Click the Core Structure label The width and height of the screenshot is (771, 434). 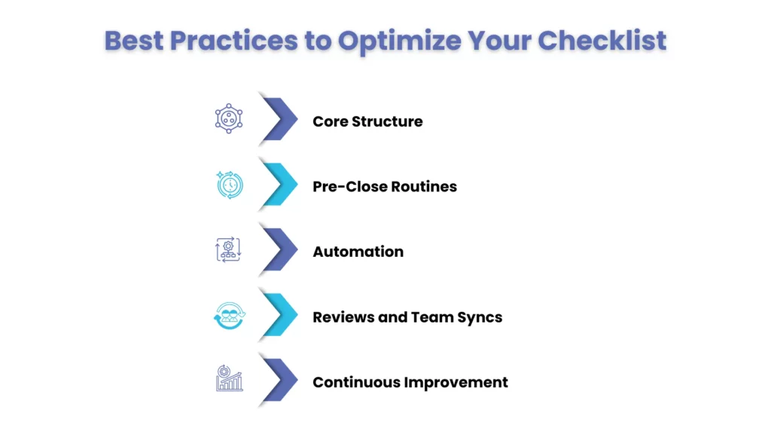coord(367,121)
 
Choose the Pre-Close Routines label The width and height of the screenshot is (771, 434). coord(385,186)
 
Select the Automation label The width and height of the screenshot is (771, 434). coord(358,252)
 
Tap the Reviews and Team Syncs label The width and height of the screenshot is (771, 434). coord(407,317)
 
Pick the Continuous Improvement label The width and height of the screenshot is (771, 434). coord(410,382)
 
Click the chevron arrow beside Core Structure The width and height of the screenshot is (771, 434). coord(278,119)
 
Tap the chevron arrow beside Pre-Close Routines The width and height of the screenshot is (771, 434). coord(278,185)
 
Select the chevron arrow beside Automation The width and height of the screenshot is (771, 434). coord(278,249)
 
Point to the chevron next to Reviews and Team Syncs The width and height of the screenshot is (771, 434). coord(278,315)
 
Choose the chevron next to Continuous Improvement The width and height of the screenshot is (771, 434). coord(278,380)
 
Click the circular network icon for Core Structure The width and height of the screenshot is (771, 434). coord(229,119)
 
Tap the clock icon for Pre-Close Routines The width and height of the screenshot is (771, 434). coord(229,185)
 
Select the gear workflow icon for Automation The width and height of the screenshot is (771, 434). coord(229,249)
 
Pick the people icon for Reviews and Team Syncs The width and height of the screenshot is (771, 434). coord(229,316)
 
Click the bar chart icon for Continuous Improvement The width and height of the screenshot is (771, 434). coord(229,379)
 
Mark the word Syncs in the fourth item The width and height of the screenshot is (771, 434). coord(479,317)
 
